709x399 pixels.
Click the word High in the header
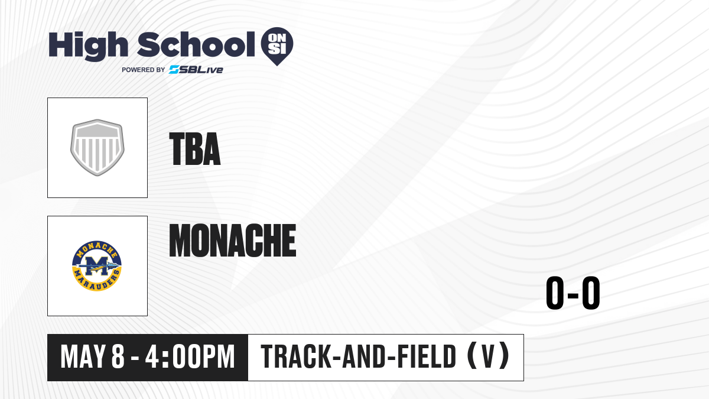(88, 46)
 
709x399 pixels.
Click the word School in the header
(196, 44)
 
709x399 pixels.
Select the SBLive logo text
(196, 70)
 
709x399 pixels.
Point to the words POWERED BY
(144, 70)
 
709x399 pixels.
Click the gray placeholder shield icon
(97, 148)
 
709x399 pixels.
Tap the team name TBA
(194, 149)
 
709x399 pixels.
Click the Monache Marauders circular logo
(97, 265)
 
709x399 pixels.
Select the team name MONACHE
(233, 240)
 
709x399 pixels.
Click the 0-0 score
(573, 293)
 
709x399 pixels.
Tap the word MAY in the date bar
(83, 356)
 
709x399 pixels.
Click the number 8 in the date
(118, 356)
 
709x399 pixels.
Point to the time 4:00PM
(190, 356)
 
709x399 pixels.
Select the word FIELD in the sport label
(427, 356)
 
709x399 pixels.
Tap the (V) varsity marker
(489, 356)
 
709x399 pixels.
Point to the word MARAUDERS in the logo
(97, 282)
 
